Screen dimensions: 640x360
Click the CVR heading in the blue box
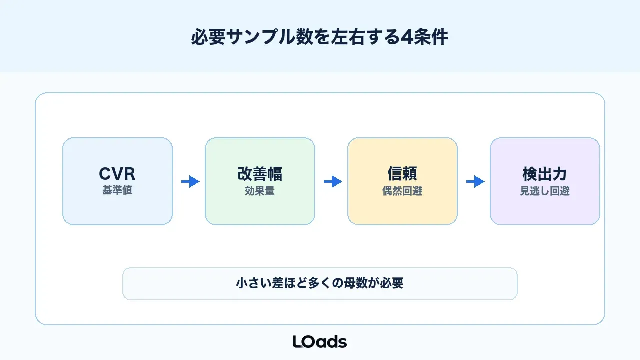coord(117,174)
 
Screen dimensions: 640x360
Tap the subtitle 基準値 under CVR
coord(117,190)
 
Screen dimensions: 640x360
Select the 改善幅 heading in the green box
coord(260,174)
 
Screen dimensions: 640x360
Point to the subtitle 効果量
coord(260,191)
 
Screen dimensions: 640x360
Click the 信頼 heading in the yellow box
coord(402,173)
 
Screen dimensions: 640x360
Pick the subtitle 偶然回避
coord(402,191)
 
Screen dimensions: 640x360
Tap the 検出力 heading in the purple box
coord(545,174)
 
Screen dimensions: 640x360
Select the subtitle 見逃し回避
coord(545,191)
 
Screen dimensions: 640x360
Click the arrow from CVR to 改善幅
coord(190,181)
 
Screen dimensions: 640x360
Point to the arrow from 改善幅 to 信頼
coord(333,181)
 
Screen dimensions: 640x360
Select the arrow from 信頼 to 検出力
coord(475,181)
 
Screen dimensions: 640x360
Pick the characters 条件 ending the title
coord(431,37)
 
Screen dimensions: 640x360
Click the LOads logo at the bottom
coord(320,341)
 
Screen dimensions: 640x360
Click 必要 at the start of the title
coord(208,37)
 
